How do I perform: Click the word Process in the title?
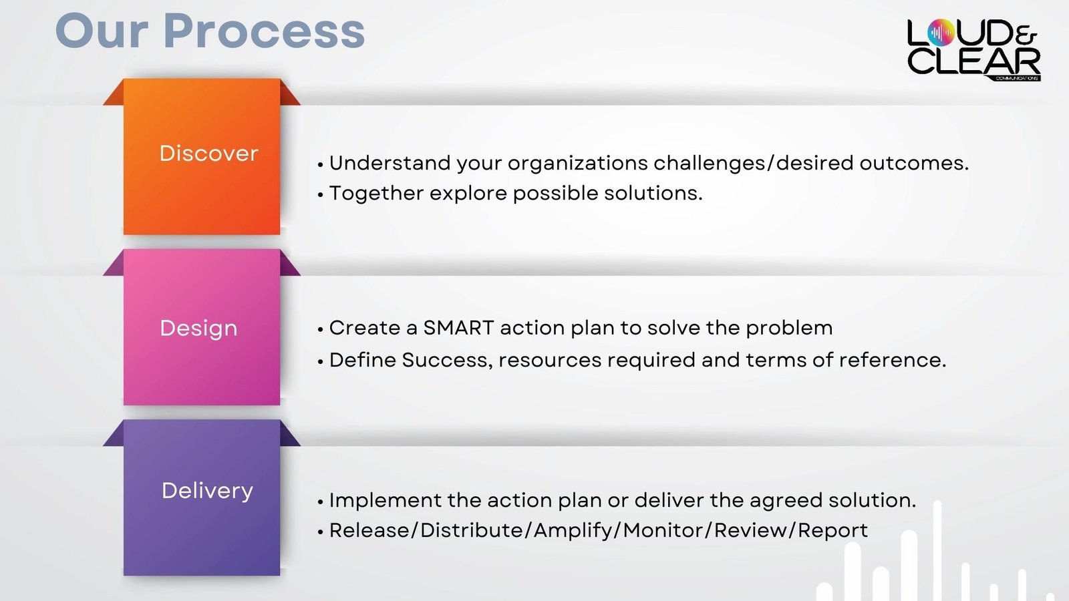click(x=265, y=31)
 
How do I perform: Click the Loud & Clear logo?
click(x=973, y=49)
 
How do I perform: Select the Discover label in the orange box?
click(x=208, y=153)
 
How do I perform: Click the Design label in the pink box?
click(x=198, y=329)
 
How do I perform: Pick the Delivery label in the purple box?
click(x=207, y=491)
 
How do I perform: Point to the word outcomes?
click(x=914, y=164)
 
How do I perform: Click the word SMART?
click(x=458, y=328)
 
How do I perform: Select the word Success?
click(x=447, y=361)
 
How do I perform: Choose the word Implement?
click(x=385, y=501)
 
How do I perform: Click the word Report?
click(x=832, y=531)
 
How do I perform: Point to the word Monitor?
click(x=663, y=530)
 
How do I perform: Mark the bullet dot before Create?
click(x=320, y=330)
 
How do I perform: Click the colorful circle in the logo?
click(x=941, y=33)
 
